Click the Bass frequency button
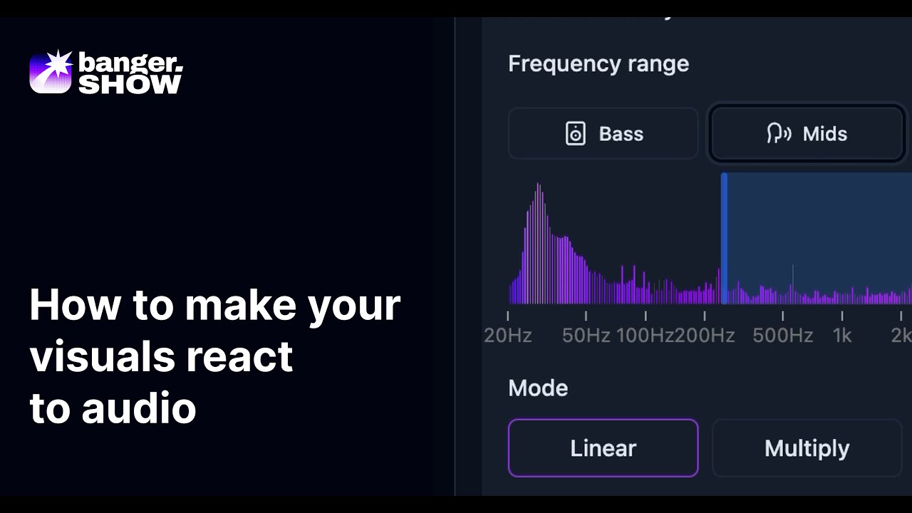[603, 134]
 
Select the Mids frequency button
[807, 134]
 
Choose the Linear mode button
[603, 448]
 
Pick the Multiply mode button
[807, 448]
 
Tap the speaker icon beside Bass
[576, 134]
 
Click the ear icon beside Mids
[779, 134]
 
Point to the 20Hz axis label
[508, 336]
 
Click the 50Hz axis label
[586, 336]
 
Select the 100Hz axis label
[644, 336]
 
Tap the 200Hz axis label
[705, 336]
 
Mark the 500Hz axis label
[782, 336]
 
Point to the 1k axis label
[842, 336]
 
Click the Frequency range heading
[598, 64]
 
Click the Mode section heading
[538, 388]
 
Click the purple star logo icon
[51, 71]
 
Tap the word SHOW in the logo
[130, 83]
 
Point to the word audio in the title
[138, 409]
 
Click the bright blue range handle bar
[724, 239]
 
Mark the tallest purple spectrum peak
[538, 187]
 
